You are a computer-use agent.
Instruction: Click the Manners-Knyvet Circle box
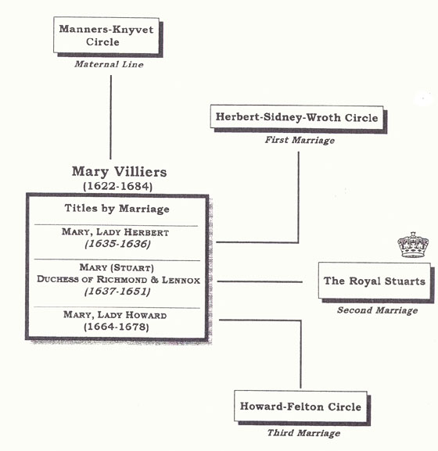pos(108,37)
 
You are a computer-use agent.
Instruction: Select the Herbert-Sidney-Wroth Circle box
pos(299,119)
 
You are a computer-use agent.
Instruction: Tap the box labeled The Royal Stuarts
pos(376,282)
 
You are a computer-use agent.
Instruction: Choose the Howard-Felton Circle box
pos(302,407)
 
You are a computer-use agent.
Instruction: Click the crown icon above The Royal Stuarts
pos(413,245)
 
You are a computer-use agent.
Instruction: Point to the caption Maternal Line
pos(109,64)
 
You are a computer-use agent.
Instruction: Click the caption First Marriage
pos(300,140)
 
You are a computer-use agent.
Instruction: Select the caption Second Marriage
pos(377,310)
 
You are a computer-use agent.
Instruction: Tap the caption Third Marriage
pos(303,433)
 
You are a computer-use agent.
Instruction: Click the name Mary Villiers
pos(119,172)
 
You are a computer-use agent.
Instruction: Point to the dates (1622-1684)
pos(117,186)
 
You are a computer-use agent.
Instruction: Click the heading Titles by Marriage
pos(117,209)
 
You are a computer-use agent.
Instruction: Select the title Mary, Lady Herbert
pos(115,232)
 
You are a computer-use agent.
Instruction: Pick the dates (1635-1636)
pos(117,244)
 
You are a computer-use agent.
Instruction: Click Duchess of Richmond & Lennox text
pos(119,280)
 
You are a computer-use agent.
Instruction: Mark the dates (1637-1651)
pos(117,292)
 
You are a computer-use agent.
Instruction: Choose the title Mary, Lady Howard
pos(115,315)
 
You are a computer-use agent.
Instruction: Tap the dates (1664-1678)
pos(117,327)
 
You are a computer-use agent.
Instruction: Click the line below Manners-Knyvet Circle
pos(111,117)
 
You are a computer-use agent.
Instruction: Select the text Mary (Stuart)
pos(117,267)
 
